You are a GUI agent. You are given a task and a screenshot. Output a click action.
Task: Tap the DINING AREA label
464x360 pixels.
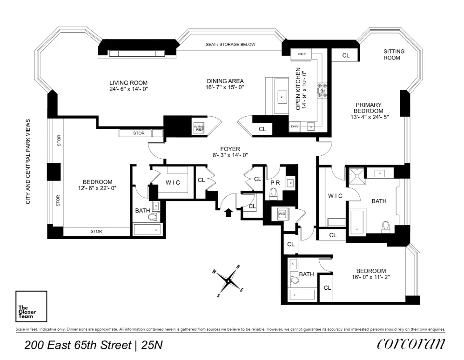225,81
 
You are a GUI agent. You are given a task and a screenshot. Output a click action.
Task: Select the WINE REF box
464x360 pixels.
199,127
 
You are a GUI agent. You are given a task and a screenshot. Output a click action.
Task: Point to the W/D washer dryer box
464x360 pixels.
282,213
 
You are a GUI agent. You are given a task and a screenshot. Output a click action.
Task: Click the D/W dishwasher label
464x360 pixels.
294,126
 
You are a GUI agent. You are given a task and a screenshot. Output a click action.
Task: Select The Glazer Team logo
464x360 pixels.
31,306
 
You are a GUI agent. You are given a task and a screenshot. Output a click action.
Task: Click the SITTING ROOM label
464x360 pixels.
394,54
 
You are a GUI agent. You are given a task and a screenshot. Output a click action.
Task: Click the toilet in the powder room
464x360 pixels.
274,193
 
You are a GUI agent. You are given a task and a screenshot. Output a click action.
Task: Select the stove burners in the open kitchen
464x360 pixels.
322,89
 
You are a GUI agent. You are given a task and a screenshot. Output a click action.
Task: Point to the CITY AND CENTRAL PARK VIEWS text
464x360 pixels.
28,160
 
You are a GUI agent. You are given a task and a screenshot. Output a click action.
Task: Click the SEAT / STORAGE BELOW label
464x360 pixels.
231,45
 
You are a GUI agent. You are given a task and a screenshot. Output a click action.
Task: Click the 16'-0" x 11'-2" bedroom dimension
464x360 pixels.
371,278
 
